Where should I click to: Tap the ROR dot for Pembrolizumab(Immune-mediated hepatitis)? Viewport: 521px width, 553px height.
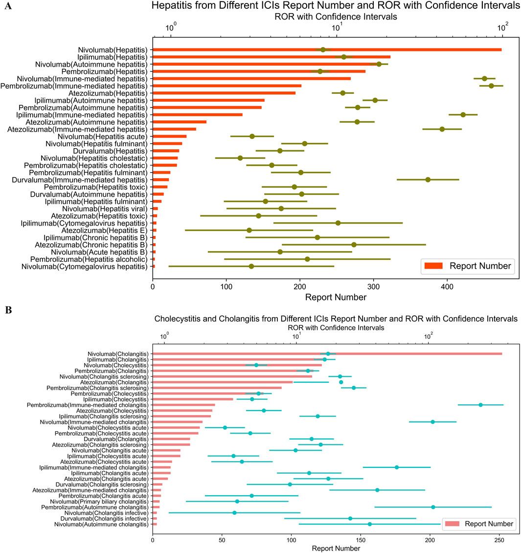(491, 86)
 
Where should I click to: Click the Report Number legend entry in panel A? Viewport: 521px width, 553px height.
(468, 266)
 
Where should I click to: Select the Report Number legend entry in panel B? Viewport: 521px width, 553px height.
(478, 524)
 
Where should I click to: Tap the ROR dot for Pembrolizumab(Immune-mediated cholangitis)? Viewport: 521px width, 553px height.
(480, 405)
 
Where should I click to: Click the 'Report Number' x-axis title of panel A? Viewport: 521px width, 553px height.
(336, 297)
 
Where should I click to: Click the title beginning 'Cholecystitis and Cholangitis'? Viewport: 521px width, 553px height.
(336, 319)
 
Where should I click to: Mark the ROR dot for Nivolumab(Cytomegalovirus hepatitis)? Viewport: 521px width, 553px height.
(251, 266)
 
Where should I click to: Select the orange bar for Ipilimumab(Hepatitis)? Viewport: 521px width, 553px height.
(272, 57)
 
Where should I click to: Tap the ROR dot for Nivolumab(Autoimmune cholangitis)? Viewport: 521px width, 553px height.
(370, 524)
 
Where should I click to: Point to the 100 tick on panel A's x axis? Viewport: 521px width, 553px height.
(227, 285)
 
